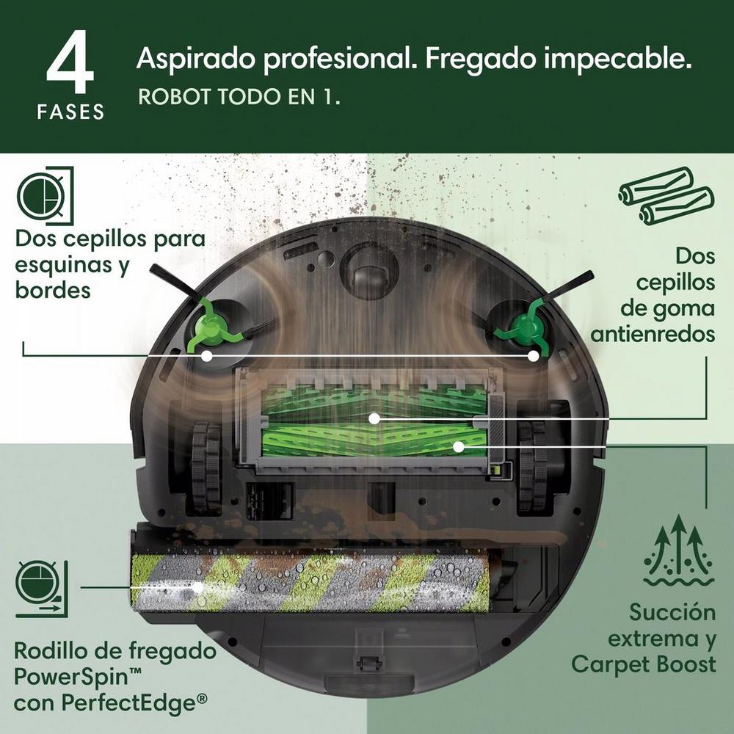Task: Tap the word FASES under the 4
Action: pos(70,112)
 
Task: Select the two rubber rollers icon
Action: pos(664,195)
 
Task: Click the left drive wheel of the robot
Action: pos(206,466)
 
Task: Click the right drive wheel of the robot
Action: pos(532,466)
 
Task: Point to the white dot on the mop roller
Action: pos(197,587)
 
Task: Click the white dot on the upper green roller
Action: pos(374,418)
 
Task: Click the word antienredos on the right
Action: pos(653,334)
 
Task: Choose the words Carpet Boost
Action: pos(643,664)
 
